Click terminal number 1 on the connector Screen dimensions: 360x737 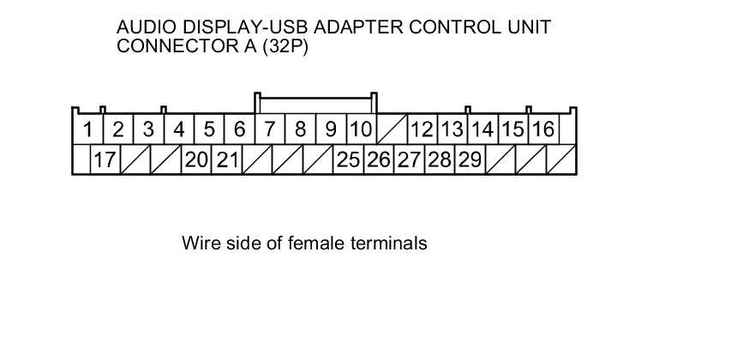(x=87, y=130)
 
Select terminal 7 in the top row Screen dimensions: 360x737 (x=269, y=130)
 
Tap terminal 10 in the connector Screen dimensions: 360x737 (x=362, y=130)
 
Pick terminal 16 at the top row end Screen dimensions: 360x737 (x=542, y=130)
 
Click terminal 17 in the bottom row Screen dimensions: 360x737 (x=105, y=159)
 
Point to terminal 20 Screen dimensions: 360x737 (x=196, y=159)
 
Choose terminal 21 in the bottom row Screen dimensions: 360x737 (x=227, y=159)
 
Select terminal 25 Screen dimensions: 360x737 (x=348, y=159)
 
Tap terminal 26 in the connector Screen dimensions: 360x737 (x=378, y=159)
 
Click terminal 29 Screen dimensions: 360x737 (x=469, y=159)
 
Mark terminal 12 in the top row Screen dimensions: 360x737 (x=421, y=130)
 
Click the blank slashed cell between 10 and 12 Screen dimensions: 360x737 (x=391, y=130)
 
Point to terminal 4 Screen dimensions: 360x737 (x=178, y=130)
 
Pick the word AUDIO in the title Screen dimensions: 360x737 (x=143, y=27)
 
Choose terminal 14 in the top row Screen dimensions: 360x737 (x=482, y=130)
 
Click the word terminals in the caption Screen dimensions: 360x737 (x=389, y=243)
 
